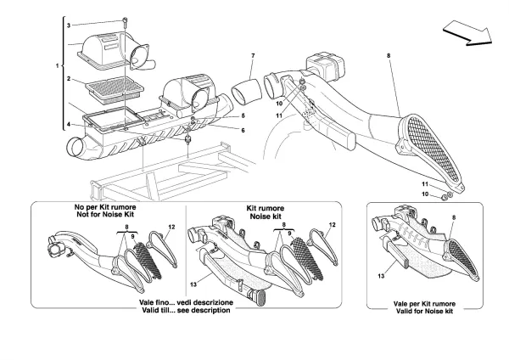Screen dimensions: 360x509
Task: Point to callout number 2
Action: pyautogui.click(x=71, y=77)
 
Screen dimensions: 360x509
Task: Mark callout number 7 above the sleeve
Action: pyautogui.click(x=252, y=57)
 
